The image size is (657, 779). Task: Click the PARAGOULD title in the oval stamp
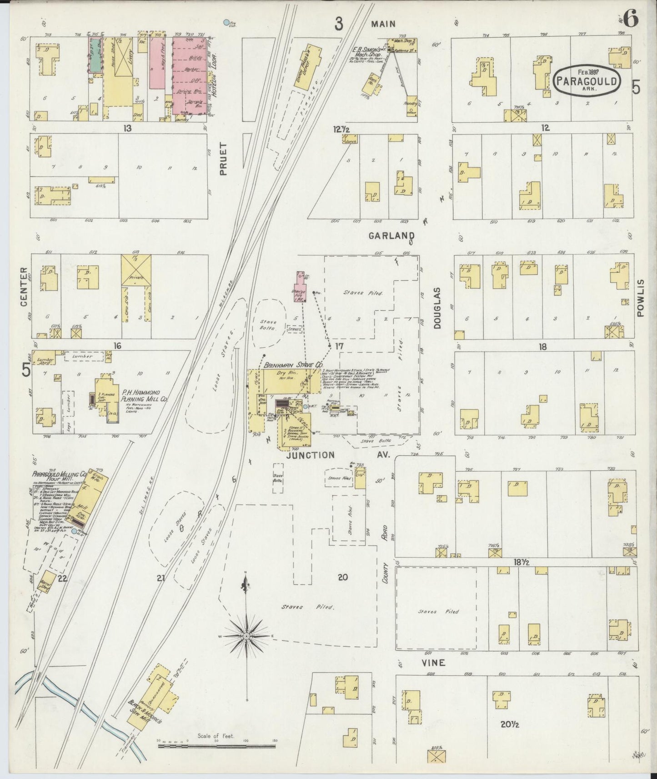click(x=587, y=82)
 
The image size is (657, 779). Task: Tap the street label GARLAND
click(x=391, y=236)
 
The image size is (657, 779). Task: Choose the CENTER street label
click(x=24, y=288)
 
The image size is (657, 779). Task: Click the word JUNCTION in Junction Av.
click(x=311, y=455)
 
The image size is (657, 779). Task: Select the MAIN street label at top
click(x=383, y=24)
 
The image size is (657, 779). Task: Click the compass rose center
click(x=246, y=635)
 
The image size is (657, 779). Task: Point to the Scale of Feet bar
click(x=217, y=745)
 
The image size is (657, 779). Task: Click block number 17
click(x=339, y=347)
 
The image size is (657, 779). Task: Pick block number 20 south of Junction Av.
click(x=342, y=577)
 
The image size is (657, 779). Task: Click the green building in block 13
click(x=95, y=55)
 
